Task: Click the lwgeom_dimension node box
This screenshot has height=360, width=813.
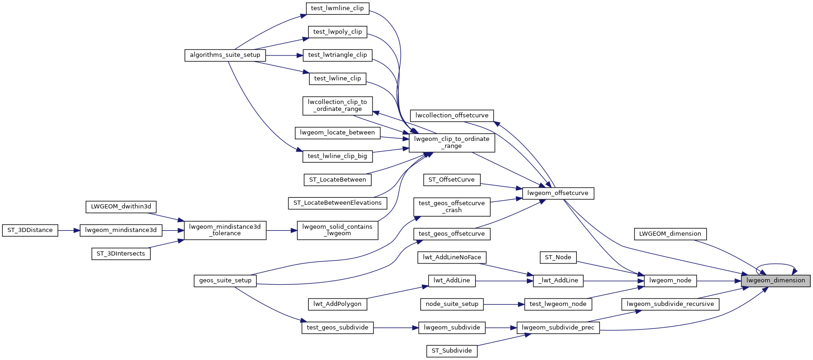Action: pyautogui.click(x=775, y=281)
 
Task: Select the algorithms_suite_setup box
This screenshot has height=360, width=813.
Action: pyautogui.click(x=225, y=55)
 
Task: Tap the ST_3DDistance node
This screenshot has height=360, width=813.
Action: pyautogui.click(x=30, y=230)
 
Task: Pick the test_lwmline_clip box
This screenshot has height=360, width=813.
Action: pyautogui.click(x=337, y=8)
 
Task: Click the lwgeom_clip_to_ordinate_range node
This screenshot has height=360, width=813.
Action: pyautogui.click(x=452, y=142)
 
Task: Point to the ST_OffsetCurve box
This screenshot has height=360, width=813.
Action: pyautogui.click(x=452, y=180)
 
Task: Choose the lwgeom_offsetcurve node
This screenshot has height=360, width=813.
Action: pyautogui.click(x=557, y=193)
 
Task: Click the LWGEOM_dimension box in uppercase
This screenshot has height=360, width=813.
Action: pyautogui.click(x=670, y=234)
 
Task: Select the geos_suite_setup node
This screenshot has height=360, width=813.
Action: pyautogui.click(x=225, y=281)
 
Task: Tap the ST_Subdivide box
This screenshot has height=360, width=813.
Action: pyautogui.click(x=452, y=351)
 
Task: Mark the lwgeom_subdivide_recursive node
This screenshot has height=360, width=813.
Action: pyautogui.click(x=670, y=304)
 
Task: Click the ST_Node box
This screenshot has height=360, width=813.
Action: pyautogui.click(x=558, y=257)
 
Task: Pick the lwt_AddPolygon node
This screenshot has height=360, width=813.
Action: pyautogui.click(x=337, y=304)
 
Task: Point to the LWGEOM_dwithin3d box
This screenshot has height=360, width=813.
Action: pyautogui.click(x=121, y=207)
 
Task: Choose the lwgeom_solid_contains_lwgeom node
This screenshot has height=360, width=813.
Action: pyautogui.click(x=337, y=230)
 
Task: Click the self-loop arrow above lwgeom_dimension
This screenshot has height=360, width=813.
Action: pyautogui.click(x=775, y=265)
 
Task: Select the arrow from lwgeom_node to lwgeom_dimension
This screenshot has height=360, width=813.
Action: pyautogui.click(x=718, y=281)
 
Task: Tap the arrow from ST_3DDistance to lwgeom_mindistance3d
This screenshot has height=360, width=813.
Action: pyautogui.click(x=69, y=230)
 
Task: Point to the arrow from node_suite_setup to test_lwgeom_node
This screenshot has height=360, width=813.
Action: pyautogui.click(x=504, y=304)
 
